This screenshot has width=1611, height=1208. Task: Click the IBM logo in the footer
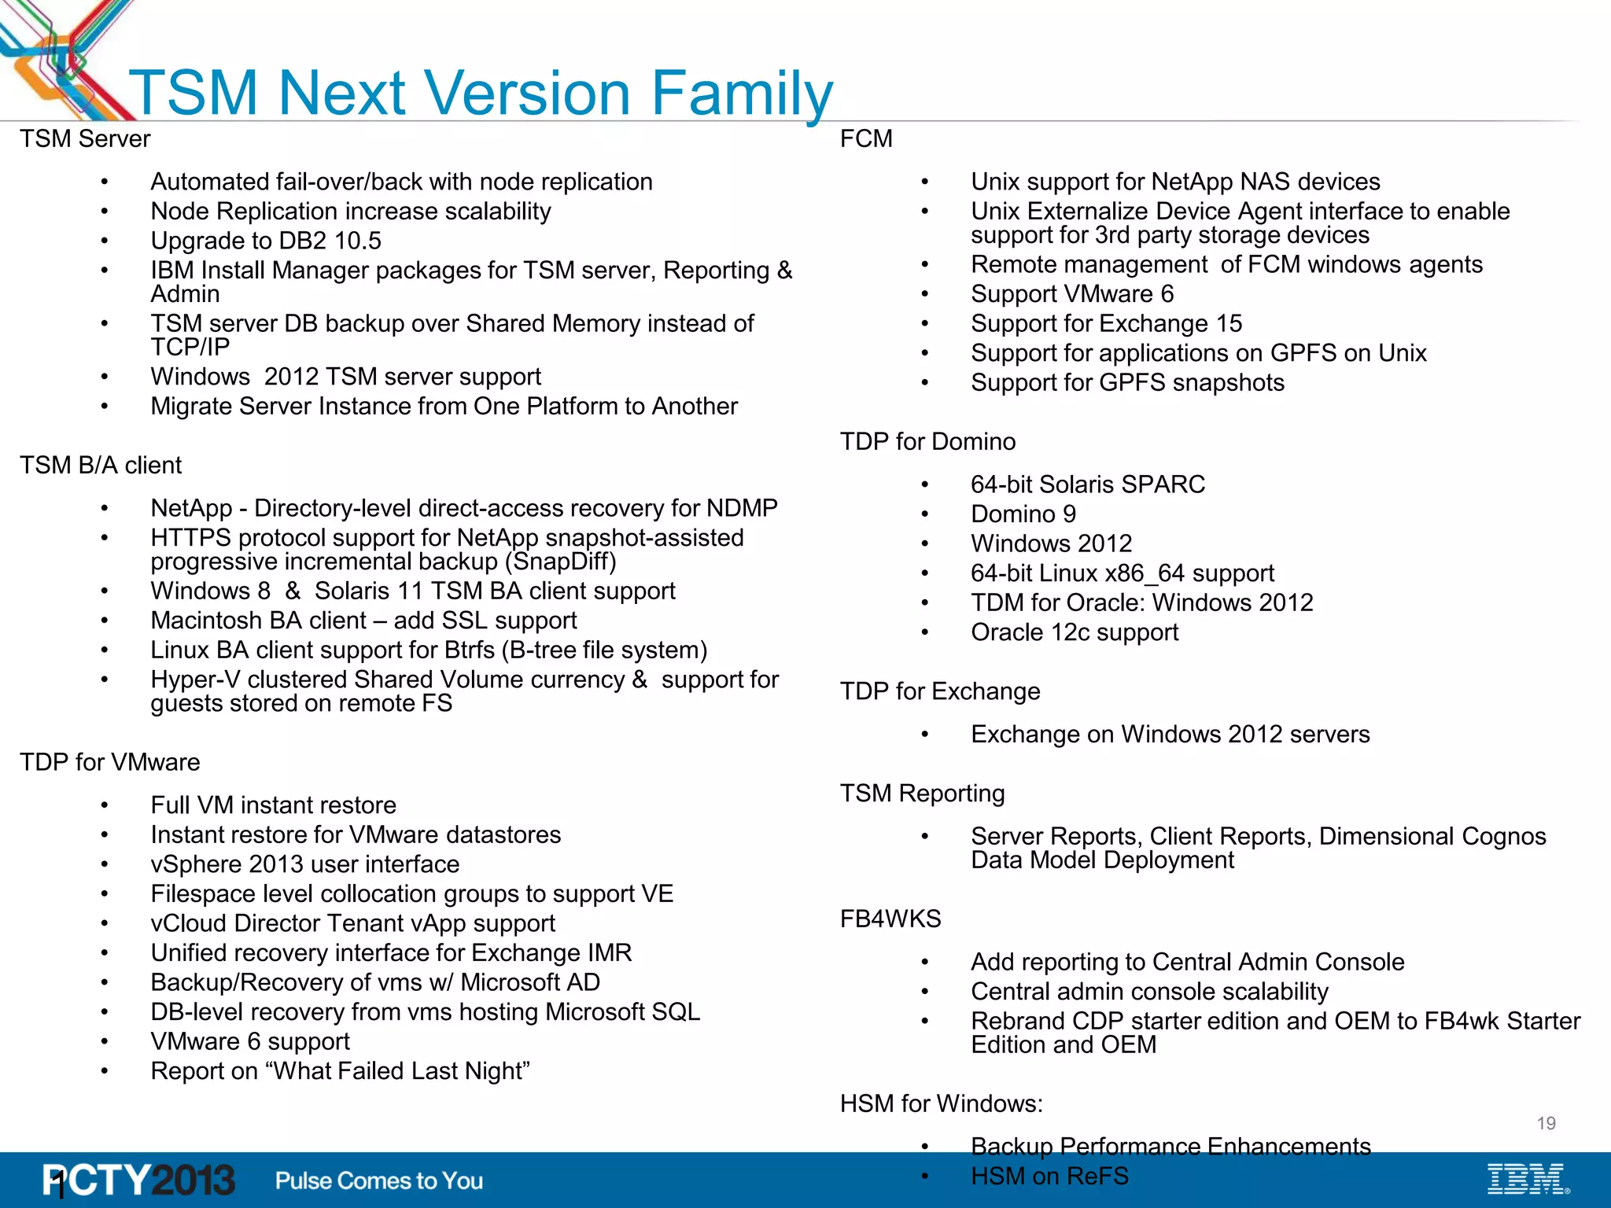[1527, 1180]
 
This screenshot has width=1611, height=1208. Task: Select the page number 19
[1546, 1124]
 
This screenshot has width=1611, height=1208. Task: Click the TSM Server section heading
[85, 139]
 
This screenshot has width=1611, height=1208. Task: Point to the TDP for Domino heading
[927, 442]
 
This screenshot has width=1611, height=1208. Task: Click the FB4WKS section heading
[890, 919]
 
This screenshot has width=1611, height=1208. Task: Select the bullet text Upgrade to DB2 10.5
[266, 241]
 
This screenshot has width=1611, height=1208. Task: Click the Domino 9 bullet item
[1023, 514]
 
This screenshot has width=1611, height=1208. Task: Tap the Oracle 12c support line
[1075, 633]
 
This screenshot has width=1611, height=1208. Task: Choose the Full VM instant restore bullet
[273, 806]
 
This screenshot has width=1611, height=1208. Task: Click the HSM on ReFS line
[1049, 1177]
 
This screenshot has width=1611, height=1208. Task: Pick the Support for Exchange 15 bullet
[1106, 324]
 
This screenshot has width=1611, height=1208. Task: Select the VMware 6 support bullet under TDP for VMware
[250, 1042]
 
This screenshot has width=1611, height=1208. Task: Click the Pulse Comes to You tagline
[379, 1180]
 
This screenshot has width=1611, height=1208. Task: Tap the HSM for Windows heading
[941, 1104]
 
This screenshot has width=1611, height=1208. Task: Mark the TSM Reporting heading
[922, 794]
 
